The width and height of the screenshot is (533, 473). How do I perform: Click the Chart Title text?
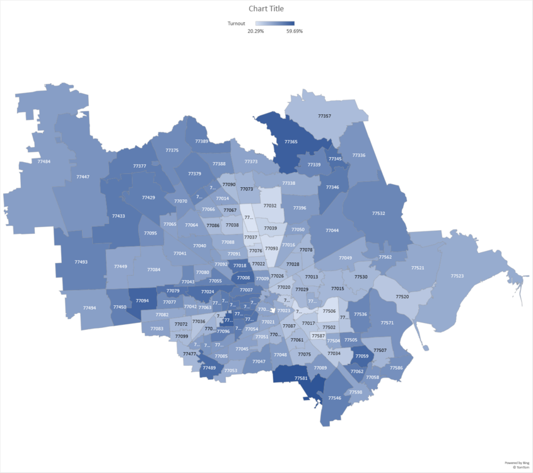[266, 9]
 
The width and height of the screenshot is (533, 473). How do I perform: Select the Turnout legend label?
[237, 23]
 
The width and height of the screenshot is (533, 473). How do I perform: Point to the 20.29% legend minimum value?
[255, 31]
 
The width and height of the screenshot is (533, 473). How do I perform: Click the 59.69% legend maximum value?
[294, 31]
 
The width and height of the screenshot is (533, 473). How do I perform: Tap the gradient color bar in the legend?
[275, 23]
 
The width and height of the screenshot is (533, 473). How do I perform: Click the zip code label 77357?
[324, 116]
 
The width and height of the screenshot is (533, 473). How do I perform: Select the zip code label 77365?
[291, 142]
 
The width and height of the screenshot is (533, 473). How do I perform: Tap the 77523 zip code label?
[457, 276]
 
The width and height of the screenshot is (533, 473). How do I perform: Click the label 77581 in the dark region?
[301, 378]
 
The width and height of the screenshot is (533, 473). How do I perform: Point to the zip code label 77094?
[142, 300]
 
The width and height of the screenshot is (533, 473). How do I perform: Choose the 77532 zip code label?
[378, 213]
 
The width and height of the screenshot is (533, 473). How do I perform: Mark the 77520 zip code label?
[402, 296]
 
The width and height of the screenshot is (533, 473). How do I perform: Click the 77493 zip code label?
[81, 262]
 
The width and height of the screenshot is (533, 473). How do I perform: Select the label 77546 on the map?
[334, 398]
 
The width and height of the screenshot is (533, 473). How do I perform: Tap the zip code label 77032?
[270, 206]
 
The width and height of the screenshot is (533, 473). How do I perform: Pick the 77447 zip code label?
[82, 177]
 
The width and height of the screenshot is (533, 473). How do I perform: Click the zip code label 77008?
[243, 277]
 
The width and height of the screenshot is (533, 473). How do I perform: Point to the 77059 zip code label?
[361, 356]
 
